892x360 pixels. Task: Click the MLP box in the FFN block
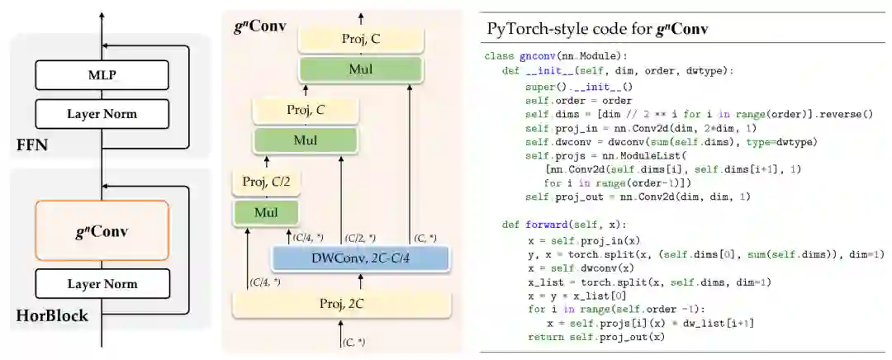tap(102, 75)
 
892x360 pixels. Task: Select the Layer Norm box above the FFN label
tap(102, 113)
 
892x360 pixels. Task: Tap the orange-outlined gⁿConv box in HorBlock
tap(102, 231)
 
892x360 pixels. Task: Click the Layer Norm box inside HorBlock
tap(102, 283)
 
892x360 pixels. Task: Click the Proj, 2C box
tap(340, 305)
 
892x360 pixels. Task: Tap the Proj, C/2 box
tap(266, 181)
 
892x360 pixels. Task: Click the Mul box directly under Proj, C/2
tap(266, 212)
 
